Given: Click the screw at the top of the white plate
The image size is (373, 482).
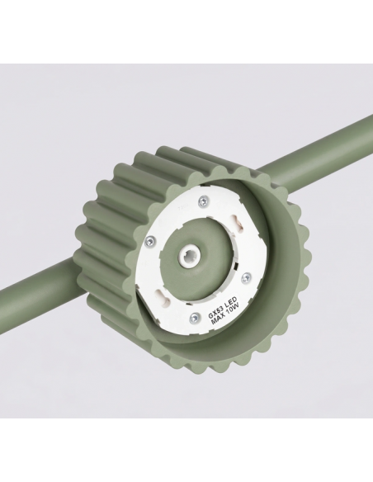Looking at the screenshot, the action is point(203,201).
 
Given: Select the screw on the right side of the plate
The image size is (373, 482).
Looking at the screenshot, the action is point(246,278).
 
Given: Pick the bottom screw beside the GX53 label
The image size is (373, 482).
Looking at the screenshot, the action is point(194,316).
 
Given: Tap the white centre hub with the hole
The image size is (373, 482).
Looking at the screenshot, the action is point(191,254).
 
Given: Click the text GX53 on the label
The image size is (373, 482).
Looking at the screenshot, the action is point(215,310).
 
